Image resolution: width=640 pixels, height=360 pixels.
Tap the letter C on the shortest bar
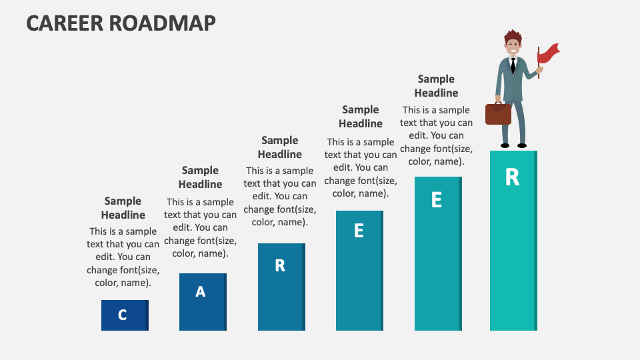click(123, 315)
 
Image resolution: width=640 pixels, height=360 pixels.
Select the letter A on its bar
click(201, 291)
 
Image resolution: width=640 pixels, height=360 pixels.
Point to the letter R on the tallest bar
click(512, 177)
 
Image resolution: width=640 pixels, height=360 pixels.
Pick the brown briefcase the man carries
click(498, 113)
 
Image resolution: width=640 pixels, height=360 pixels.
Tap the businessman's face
click(513, 47)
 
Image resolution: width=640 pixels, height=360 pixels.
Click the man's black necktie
click(513, 65)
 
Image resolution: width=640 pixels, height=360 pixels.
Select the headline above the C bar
click(123, 208)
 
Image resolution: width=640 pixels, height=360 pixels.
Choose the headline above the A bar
click(201, 177)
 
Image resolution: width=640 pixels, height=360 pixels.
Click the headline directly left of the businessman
click(437, 86)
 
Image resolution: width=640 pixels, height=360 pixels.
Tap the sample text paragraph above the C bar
click(123, 257)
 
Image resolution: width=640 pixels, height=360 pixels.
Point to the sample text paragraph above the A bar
click(201, 227)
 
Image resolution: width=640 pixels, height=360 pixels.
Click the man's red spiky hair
click(512, 35)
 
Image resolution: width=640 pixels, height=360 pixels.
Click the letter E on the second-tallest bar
click(437, 200)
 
